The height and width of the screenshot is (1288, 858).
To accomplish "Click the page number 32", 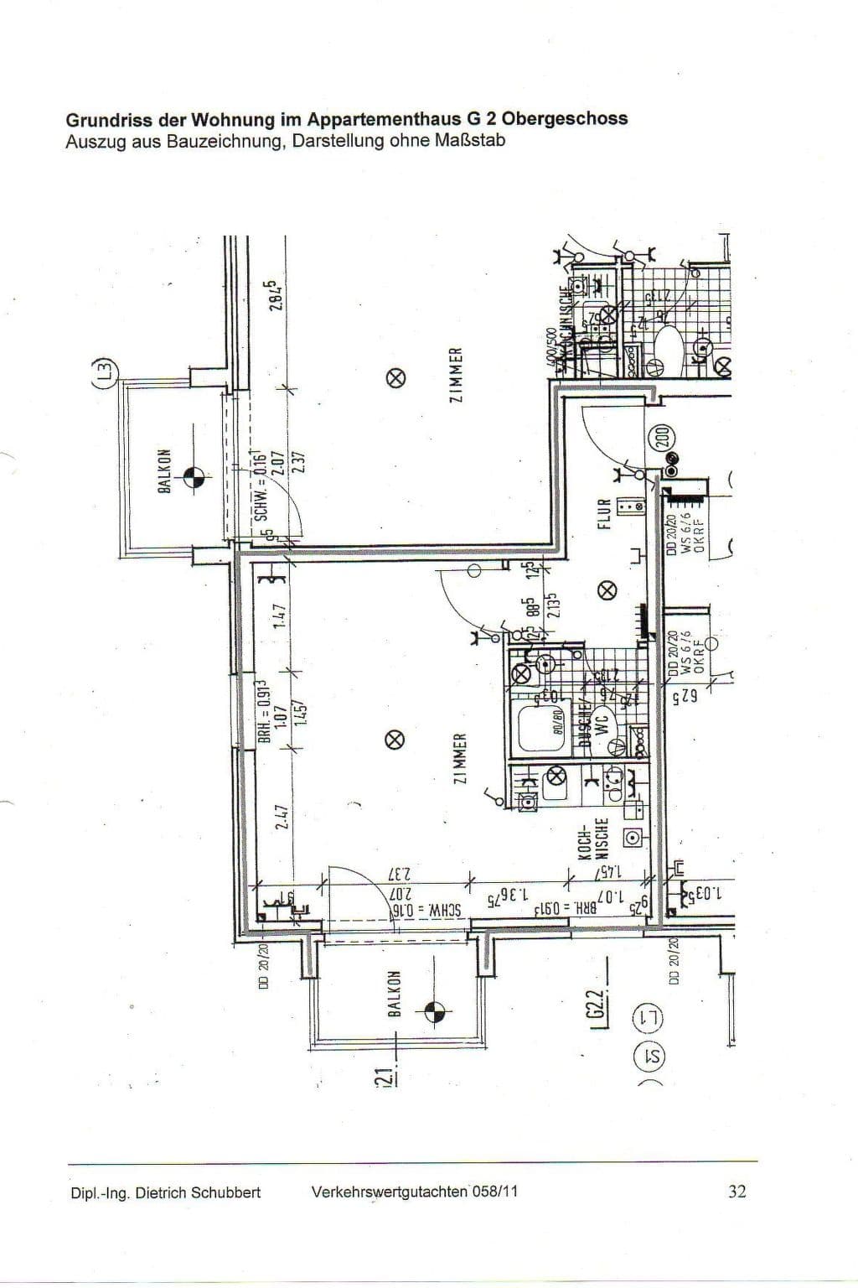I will [x=737, y=1191].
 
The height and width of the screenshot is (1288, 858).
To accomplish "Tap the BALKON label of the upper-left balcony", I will [x=164, y=470].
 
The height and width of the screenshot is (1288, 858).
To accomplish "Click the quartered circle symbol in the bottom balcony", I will [x=434, y=1011].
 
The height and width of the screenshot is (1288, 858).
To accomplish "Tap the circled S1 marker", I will [x=649, y=1056].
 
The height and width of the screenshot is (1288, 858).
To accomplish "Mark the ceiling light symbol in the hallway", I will [x=607, y=590].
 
